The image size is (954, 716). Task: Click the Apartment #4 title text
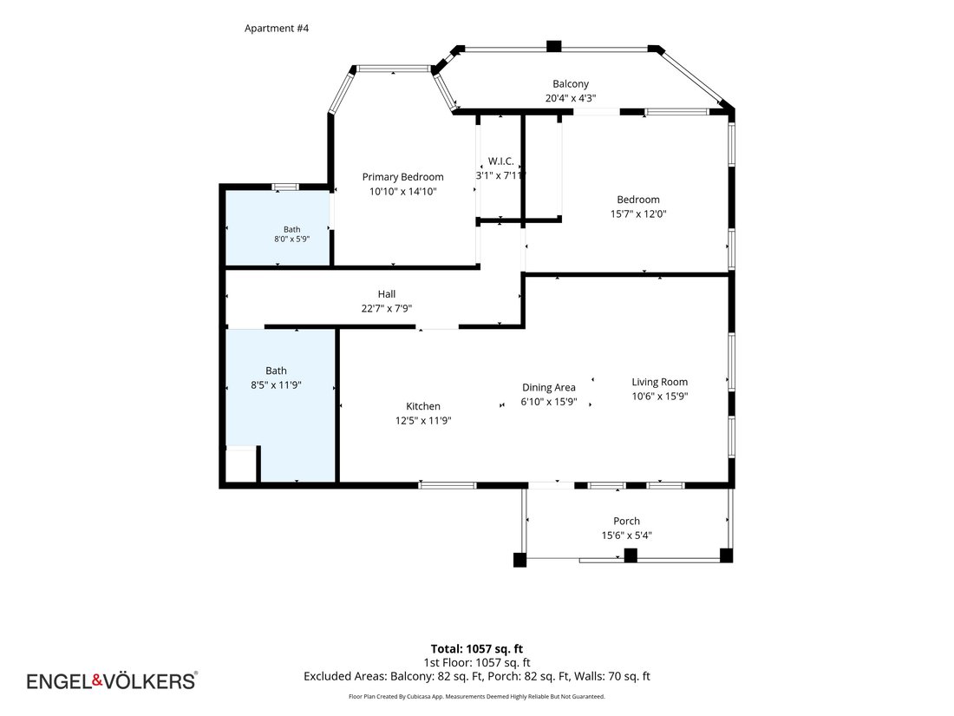(276, 28)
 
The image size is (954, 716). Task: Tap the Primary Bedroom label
(402, 176)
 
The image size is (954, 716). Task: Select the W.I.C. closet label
(500, 161)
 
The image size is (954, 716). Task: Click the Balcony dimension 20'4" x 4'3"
(570, 98)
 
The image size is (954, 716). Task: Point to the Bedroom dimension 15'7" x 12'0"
(638, 213)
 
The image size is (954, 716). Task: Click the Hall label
(386, 294)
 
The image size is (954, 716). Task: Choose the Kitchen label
(423, 406)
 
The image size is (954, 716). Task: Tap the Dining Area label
(548, 387)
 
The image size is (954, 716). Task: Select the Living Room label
(659, 382)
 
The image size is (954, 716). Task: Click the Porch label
(626, 522)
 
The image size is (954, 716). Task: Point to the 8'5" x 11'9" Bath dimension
(276, 384)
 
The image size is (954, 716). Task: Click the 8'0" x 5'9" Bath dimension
(291, 240)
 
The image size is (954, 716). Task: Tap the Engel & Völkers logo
(112, 680)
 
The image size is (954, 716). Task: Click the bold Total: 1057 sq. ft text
(476, 649)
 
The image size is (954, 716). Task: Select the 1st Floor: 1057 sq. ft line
(476, 662)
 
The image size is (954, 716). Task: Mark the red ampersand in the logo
(97, 680)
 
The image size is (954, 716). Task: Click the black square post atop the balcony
(553, 46)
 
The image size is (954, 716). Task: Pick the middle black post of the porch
(631, 555)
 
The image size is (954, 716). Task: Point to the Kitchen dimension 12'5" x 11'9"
(423, 421)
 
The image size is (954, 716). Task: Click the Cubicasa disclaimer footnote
(476, 697)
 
